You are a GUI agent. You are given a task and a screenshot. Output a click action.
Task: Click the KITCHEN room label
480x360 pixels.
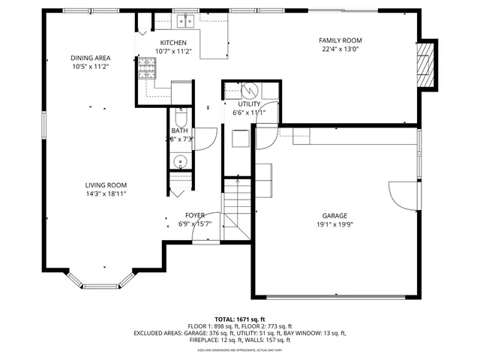(x=174, y=43)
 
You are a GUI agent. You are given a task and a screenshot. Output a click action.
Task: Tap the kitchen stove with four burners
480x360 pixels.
(x=145, y=70)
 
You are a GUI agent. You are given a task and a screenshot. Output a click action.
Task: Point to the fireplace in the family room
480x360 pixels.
(x=425, y=64)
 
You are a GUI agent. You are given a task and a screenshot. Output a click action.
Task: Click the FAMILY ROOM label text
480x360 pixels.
(x=340, y=40)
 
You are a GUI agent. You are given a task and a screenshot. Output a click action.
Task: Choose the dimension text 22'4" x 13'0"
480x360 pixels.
(x=340, y=50)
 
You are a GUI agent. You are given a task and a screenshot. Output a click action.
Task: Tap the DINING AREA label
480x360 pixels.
(x=91, y=58)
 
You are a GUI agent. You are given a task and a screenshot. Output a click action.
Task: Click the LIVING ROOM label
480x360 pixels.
(x=105, y=185)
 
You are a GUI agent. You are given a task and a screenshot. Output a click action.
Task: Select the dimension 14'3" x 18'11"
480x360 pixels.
(x=105, y=194)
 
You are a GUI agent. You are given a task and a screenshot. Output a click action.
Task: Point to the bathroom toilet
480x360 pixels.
(x=180, y=118)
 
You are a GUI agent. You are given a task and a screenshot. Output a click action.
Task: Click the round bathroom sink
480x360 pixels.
(x=179, y=160)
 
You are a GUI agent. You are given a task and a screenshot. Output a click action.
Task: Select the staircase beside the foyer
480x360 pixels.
(x=237, y=214)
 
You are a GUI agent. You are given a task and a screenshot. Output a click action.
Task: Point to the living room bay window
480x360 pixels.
(x=102, y=281)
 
